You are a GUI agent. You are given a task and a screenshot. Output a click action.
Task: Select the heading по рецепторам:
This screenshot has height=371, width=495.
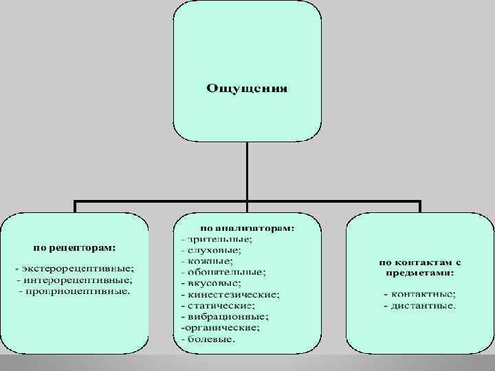pyautogui.click(x=75, y=245)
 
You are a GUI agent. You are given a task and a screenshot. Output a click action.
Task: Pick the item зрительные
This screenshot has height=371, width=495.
pyautogui.click(x=219, y=238)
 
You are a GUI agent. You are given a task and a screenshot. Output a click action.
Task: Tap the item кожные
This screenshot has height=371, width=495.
pyautogui.click(x=209, y=260)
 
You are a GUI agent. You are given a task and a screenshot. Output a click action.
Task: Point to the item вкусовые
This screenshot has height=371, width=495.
pyautogui.click(x=213, y=282)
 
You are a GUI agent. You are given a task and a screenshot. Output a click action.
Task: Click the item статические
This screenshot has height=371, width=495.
pyautogui.click(x=220, y=305)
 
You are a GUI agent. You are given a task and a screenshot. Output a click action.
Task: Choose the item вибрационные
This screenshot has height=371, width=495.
pyautogui.click(x=227, y=317)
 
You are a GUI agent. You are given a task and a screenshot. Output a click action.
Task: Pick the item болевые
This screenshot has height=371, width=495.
pyautogui.click(x=210, y=339)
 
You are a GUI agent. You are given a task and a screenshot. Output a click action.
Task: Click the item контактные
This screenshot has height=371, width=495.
pyautogui.click(x=421, y=294)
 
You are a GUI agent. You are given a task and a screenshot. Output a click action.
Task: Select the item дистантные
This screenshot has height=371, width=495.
pyautogui.click(x=421, y=305)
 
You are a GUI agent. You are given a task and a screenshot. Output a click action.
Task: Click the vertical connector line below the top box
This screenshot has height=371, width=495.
pyautogui.click(x=247, y=172)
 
